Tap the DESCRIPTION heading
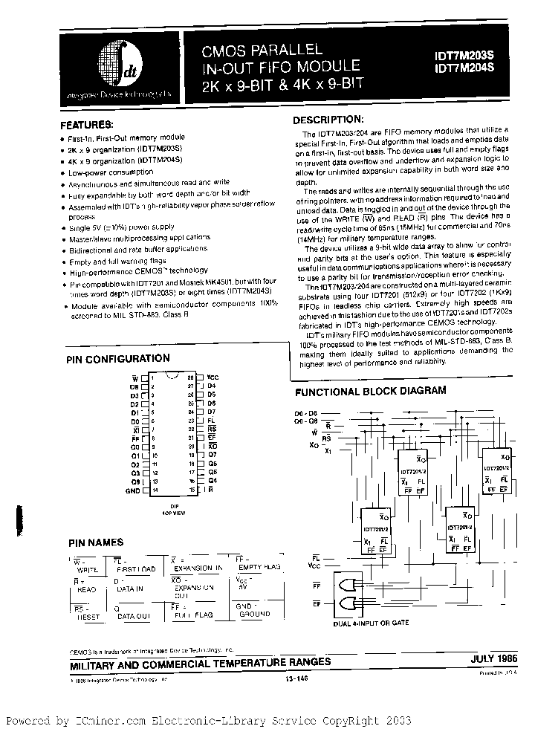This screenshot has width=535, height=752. pos(328,120)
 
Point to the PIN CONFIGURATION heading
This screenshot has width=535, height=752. pos(118,359)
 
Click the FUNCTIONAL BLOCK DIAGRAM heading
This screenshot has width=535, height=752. pos(371,391)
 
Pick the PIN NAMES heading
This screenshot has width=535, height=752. pos(96,543)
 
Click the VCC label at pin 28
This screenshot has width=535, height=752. pos(213,377)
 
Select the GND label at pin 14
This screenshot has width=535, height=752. pos(132,491)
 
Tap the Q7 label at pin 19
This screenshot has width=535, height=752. pos(212,453)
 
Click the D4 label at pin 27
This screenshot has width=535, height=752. pos(212,386)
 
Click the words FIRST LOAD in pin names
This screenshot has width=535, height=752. pos(136,569)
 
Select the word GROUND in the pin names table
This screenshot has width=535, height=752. pos(255,615)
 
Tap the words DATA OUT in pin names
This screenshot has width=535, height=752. pos(134,616)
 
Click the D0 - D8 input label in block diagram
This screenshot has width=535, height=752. pos(306,413)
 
